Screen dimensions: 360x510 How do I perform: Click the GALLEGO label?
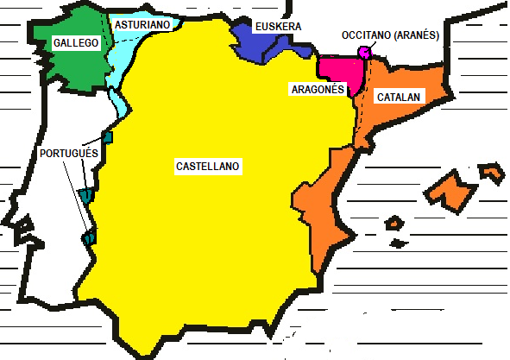(x=75, y=42)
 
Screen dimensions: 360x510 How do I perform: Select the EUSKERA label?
(x=278, y=27)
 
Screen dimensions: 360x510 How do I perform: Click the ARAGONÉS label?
(x=317, y=89)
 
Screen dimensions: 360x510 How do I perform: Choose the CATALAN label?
(x=399, y=98)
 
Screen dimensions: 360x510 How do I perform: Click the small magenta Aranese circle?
(x=365, y=52)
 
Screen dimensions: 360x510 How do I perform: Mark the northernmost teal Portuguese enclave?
(x=108, y=136)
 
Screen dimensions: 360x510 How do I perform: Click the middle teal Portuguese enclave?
(x=86, y=196)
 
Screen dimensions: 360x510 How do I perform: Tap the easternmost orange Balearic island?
(x=493, y=172)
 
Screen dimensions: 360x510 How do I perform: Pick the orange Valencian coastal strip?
(x=319, y=203)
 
